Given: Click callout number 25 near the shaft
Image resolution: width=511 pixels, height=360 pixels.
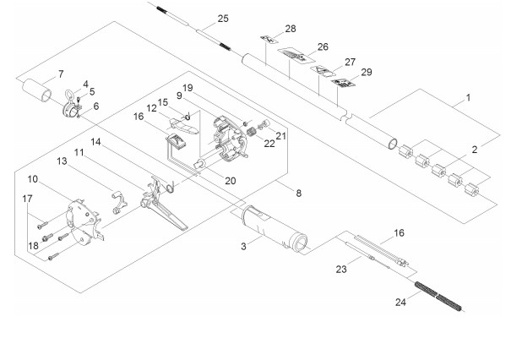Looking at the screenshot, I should pyautogui.click(x=223, y=18).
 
